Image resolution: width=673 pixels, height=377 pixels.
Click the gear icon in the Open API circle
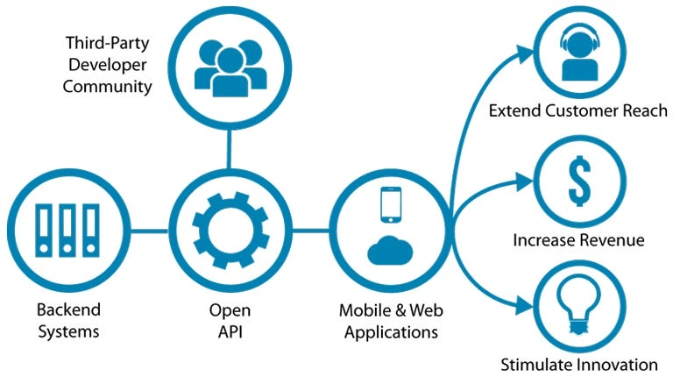click(230, 231)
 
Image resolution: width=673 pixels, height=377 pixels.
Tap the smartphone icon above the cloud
click(390, 203)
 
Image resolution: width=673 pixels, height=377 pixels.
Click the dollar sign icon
click(578, 181)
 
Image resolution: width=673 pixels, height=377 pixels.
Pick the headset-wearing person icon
click(578, 54)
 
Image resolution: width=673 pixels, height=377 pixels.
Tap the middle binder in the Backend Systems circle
click(67, 231)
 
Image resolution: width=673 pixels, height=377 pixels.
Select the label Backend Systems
click(68, 320)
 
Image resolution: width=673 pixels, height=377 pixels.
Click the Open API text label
click(230, 320)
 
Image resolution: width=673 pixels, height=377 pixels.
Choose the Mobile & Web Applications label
click(391, 320)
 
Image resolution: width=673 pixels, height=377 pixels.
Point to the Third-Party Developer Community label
click(108, 64)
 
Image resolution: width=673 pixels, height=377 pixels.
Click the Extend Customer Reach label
click(578, 111)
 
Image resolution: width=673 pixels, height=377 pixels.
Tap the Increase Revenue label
click(579, 239)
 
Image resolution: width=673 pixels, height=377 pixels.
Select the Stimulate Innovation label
click(579, 364)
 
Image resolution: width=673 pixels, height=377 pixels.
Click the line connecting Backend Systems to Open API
click(148, 231)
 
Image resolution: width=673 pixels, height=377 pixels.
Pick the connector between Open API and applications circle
click(309, 231)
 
